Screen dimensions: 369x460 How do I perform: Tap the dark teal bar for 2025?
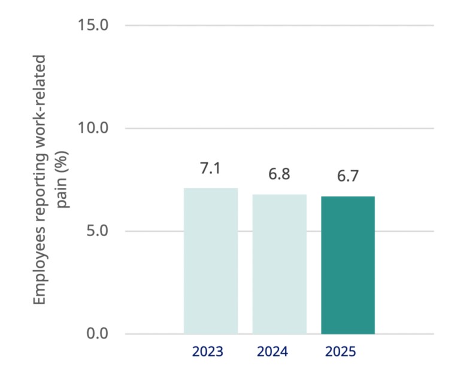coord(348,265)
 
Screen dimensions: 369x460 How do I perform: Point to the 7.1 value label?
coord(210,169)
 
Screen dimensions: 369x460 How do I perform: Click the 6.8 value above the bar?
coord(279,175)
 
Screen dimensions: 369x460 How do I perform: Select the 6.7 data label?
coord(348,177)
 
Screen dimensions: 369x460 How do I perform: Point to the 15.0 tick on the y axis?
coord(92,26)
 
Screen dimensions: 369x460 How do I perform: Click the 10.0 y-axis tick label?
coord(92,128)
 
